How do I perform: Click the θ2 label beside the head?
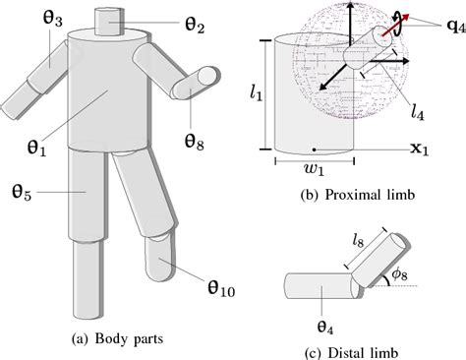point(195,25)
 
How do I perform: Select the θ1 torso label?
point(36,148)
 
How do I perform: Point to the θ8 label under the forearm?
point(194,142)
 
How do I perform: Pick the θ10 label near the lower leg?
point(221,288)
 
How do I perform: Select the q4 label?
point(456,27)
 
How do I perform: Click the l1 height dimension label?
point(256,93)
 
